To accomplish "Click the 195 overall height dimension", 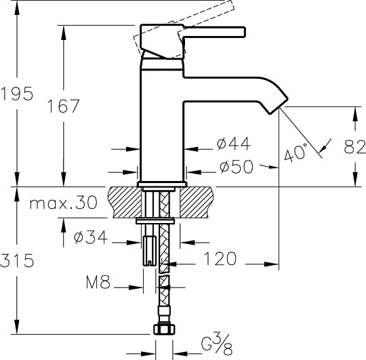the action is pos(17,94).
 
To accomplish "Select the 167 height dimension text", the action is pos(63,106).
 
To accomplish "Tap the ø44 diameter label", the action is pos(233,144).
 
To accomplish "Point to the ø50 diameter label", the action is pos(237,167).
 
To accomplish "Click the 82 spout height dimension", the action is pos(355,147).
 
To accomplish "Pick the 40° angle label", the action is pos(296,153).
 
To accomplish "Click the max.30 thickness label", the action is pos(63,203).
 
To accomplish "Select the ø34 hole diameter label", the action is pos(91,237).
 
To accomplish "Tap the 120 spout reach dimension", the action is pos(220,259).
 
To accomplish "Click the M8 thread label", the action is pos(98,282).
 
